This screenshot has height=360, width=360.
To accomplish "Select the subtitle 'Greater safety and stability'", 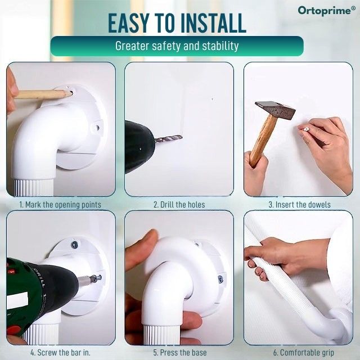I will click(177, 46).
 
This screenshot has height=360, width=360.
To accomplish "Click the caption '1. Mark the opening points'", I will click(60, 204).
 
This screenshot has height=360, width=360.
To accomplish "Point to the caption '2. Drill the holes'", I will click(179, 204).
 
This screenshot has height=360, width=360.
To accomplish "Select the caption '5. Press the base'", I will click(179, 353).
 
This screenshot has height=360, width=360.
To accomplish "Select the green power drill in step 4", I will click(37, 287).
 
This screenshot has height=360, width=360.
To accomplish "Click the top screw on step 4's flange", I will click(74, 244).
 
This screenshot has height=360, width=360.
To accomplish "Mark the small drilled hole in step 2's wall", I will click(212, 100).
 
